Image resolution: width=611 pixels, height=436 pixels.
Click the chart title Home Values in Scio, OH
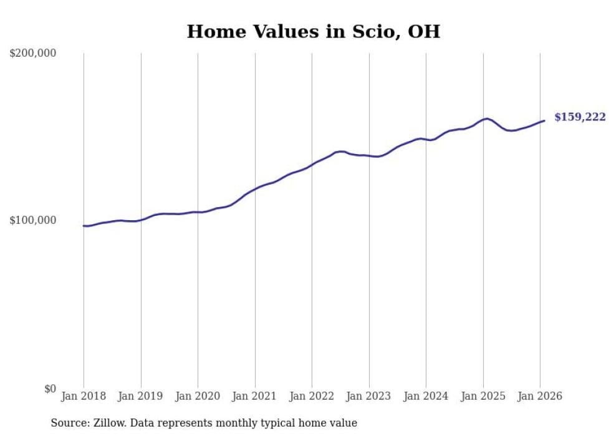pos(313,32)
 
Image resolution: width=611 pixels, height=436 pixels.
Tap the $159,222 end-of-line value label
pos(579,117)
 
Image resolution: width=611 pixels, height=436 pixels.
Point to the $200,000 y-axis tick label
pos(33,54)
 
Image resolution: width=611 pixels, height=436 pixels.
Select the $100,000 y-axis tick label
pos(33,221)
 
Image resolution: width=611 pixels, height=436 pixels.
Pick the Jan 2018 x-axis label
pos(84,397)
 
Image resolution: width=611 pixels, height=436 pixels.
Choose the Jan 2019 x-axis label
pos(141,397)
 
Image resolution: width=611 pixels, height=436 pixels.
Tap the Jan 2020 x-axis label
pos(198,397)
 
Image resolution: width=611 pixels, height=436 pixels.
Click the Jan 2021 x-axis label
pos(255,397)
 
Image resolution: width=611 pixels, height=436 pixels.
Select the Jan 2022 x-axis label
pos(312,397)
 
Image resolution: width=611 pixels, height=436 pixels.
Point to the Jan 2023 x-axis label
pos(369,397)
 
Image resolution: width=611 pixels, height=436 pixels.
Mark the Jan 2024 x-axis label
pos(426,397)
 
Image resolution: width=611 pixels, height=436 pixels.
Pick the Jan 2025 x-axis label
pos(483,397)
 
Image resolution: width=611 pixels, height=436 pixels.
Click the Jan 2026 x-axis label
pos(540,397)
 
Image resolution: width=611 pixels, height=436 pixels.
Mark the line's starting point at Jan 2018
pos(84,226)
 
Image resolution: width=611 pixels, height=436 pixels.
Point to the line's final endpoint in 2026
pos(544,121)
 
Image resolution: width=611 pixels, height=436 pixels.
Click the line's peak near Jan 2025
pos(486,119)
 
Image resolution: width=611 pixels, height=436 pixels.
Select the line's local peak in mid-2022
pos(340,152)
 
